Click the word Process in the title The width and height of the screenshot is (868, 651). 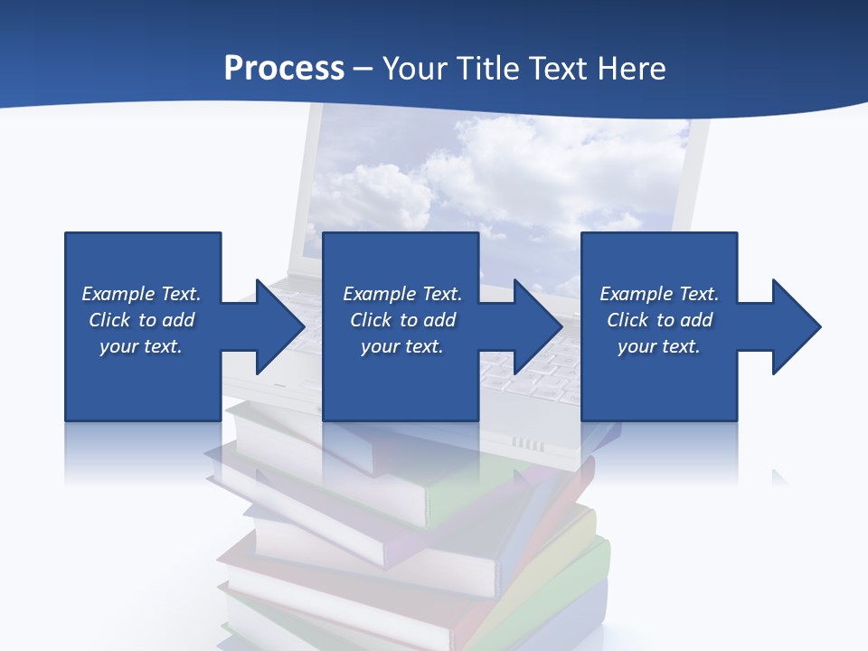(284, 68)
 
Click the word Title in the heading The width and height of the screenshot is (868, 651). (488, 68)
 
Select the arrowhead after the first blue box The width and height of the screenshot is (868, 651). (275, 326)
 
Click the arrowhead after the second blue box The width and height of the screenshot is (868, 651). (533, 326)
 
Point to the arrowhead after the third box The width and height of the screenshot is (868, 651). (792, 326)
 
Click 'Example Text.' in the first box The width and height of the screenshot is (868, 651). (142, 294)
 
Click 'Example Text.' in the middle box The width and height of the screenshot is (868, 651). (402, 294)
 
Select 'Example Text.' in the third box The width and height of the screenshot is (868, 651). (659, 294)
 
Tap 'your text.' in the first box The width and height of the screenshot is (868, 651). (141, 346)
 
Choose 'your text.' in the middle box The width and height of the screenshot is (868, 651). (402, 346)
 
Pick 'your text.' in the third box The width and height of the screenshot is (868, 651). (659, 346)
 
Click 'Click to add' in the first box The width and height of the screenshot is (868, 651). (142, 320)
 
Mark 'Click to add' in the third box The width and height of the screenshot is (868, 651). (659, 320)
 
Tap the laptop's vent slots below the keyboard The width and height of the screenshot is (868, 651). (529, 444)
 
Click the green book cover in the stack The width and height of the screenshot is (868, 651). (506, 497)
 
